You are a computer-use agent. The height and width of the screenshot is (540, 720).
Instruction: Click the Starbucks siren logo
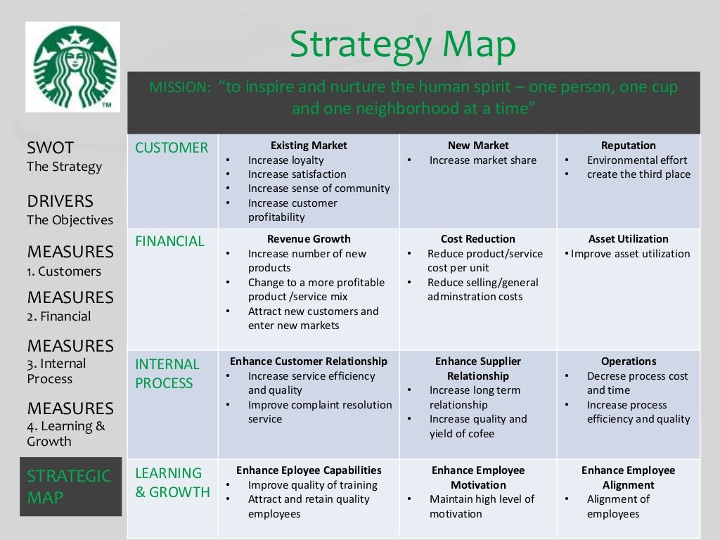(x=73, y=67)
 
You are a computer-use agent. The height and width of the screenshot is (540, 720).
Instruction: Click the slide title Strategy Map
(x=402, y=46)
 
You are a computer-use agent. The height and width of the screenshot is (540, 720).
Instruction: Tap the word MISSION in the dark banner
(x=179, y=88)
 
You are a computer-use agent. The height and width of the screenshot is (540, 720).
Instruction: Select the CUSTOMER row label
(x=172, y=148)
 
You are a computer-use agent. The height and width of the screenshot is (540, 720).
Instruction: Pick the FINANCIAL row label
(x=169, y=241)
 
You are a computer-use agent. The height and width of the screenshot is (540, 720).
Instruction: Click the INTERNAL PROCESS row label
(x=167, y=373)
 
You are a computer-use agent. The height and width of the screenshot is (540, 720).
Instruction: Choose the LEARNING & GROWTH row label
(x=172, y=482)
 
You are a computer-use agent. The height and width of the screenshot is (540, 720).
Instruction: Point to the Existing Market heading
(x=309, y=146)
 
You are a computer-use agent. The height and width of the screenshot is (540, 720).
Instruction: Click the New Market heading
(x=478, y=146)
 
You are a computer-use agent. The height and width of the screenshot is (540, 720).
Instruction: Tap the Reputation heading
(x=629, y=146)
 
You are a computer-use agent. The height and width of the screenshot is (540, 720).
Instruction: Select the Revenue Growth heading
(x=309, y=239)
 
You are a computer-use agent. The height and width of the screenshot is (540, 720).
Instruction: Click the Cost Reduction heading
(x=478, y=239)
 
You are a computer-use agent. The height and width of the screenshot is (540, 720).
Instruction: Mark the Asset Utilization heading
(x=629, y=239)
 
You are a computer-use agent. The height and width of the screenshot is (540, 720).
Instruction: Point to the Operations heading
(x=629, y=361)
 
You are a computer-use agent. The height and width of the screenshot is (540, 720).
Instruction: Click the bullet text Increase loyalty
(x=276, y=160)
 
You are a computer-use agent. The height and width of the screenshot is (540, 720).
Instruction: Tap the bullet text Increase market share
(x=483, y=160)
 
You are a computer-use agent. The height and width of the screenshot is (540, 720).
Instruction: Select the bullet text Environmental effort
(x=637, y=160)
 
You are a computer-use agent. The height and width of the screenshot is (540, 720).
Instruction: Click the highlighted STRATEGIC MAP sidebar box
(x=69, y=487)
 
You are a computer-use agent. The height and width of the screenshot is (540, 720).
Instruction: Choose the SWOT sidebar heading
(x=50, y=148)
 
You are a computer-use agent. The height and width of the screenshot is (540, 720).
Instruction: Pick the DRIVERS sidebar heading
(x=60, y=201)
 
